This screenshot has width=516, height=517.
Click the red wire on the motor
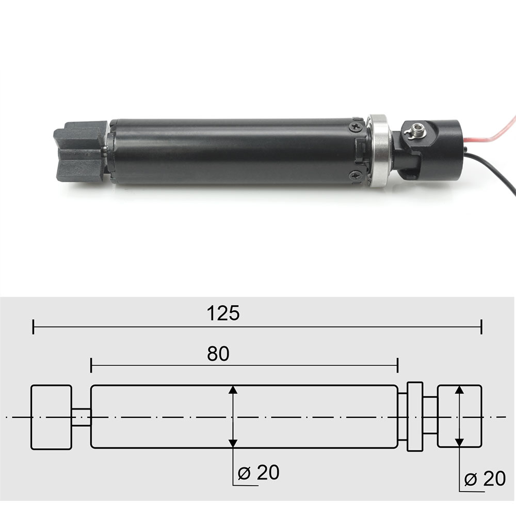(x=494, y=134)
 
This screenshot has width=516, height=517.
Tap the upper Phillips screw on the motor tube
(x=356, y=127)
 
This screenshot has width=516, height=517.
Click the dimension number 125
(x=223, y=313)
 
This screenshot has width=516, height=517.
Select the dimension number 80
(x=218, y=353)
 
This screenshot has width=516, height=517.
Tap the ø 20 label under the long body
(x=259, y=473)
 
